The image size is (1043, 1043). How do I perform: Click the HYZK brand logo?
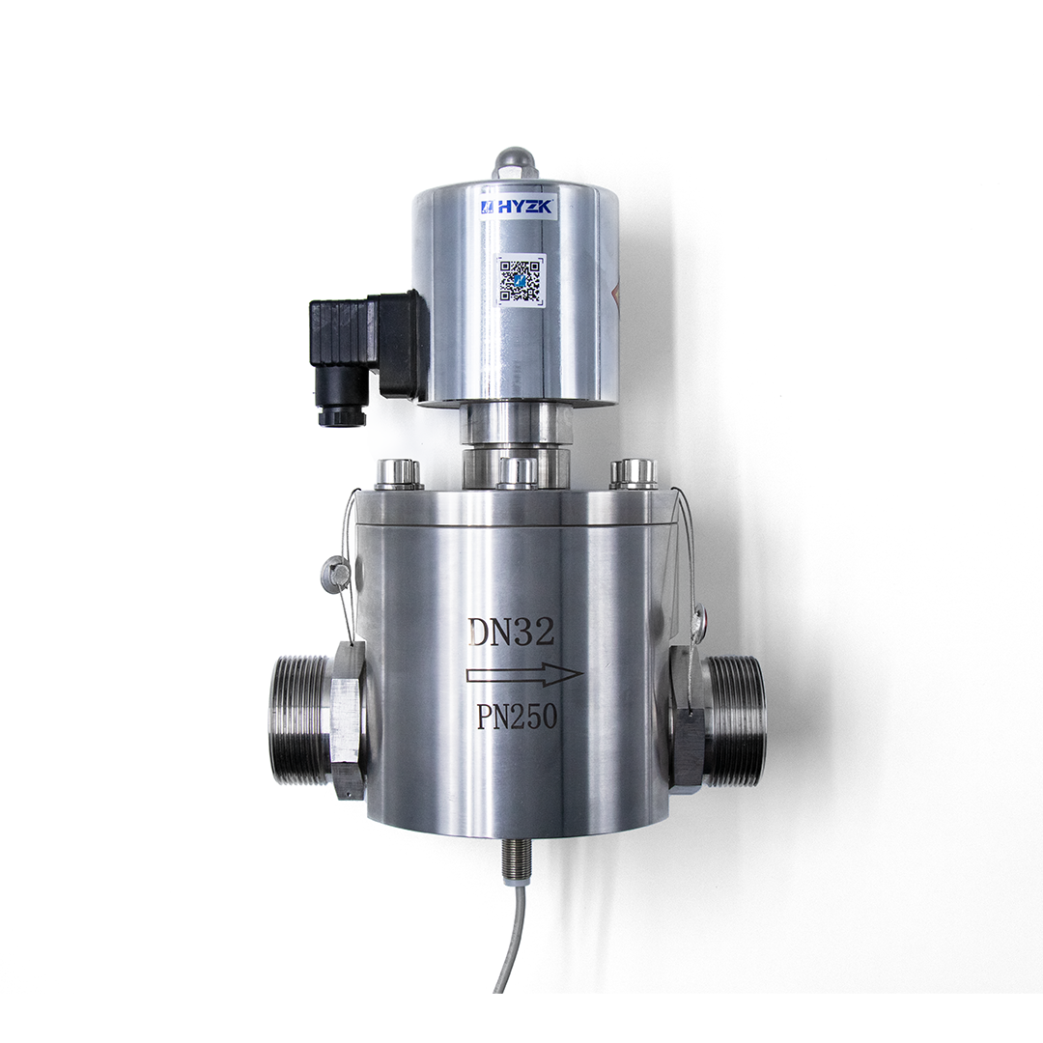pyautogui.click(x=517, y=207)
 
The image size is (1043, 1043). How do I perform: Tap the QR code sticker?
pyautogui.click(x=521, y=281)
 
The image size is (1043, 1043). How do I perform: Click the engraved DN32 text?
pyautogui.click(x=511, y=632)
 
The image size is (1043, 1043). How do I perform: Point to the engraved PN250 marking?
pyautogui.click(x=516, y=717)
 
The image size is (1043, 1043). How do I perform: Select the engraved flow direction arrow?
pyautogui.click(x=524, y=674)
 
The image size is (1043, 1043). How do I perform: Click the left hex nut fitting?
pyautogui.click(x=348, y=720)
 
